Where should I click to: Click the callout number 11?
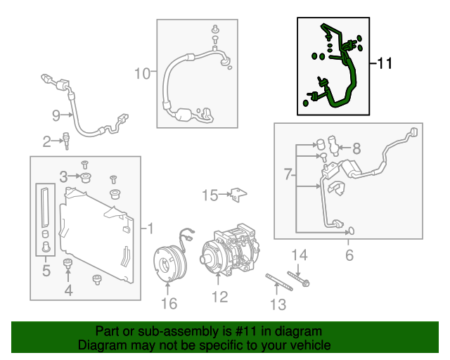pyautogui.click(x=384, y=64)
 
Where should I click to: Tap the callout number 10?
pyautogui.click(x=142, y=73)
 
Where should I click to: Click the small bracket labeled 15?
pyautogui.click(x=240, y=194)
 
